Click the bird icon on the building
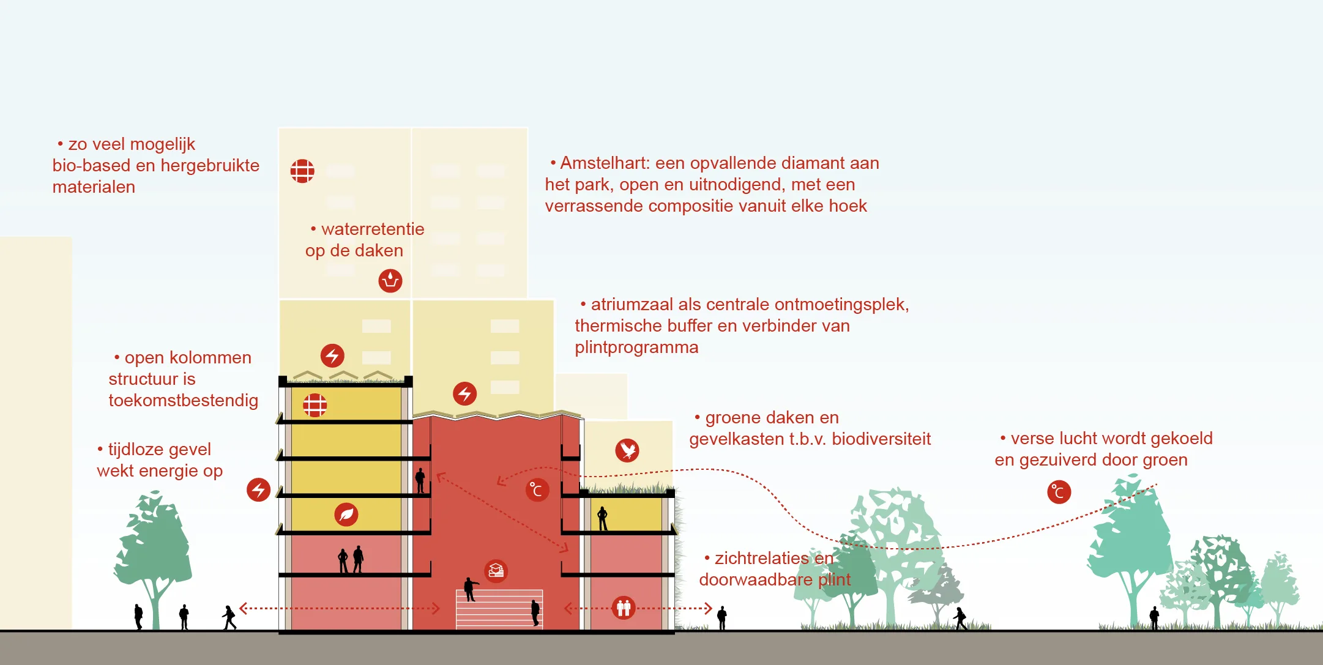click(627, 450)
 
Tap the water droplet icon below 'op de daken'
click(390, 281)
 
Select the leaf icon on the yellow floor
click(346, 515)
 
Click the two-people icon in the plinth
click(624, 607)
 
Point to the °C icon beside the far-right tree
click(1059, 492)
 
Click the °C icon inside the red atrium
click(537, 490)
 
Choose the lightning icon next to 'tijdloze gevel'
click(258, 490)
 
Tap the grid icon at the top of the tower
click(302, 171)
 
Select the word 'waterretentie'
click(373, 229)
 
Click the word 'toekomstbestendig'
click(183, 400)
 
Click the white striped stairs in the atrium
click(499, 609)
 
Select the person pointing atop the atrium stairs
click(469, 589)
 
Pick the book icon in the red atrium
click(496, 571)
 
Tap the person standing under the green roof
click(602, 518)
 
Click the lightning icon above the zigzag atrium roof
click(464, 393)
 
